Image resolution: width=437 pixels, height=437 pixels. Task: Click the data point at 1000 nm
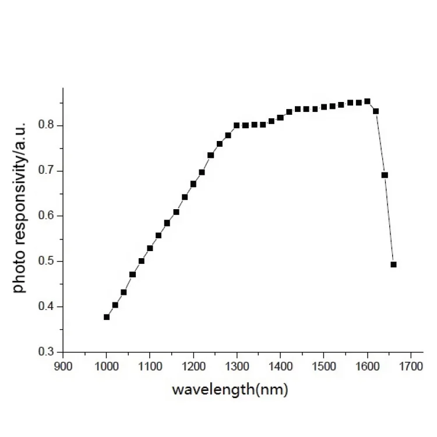tap(107, 317)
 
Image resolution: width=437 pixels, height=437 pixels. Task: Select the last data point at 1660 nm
tap(393, 265)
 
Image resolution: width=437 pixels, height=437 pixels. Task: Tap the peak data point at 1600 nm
tap(367, 101)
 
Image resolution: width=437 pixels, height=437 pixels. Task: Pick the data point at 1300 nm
tap(237, 125)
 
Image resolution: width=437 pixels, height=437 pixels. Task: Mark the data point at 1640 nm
tap(385, 175)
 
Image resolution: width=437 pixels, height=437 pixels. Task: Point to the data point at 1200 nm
tap(193, 184)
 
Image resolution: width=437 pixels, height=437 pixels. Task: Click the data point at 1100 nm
tap(150, 248)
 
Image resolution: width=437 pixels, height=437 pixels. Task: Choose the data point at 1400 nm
tap(280, 118)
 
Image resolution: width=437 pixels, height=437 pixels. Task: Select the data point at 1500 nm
tap(324, 107)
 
